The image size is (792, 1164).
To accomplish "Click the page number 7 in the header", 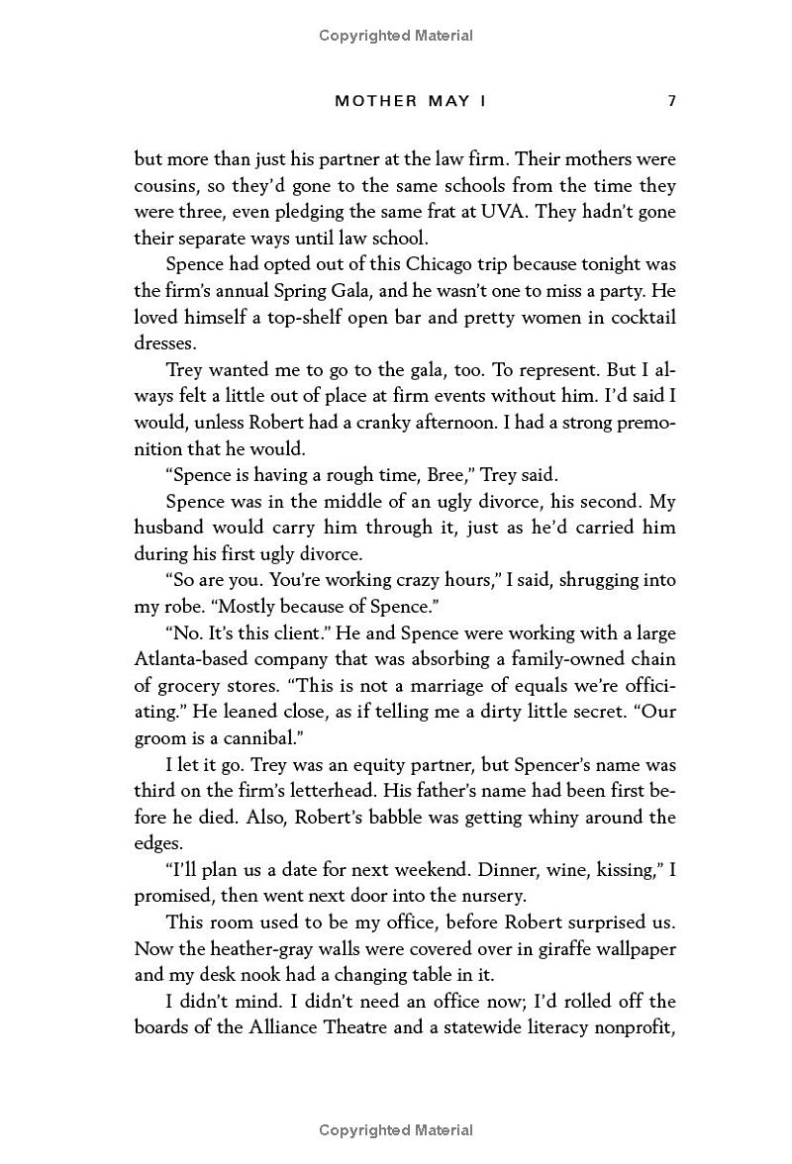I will pos(671,101).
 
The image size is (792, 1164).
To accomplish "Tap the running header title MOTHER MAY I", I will pos(417,101).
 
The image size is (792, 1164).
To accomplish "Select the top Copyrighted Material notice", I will pos(396,36).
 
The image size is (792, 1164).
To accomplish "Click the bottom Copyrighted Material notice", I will pos(396,1130).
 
